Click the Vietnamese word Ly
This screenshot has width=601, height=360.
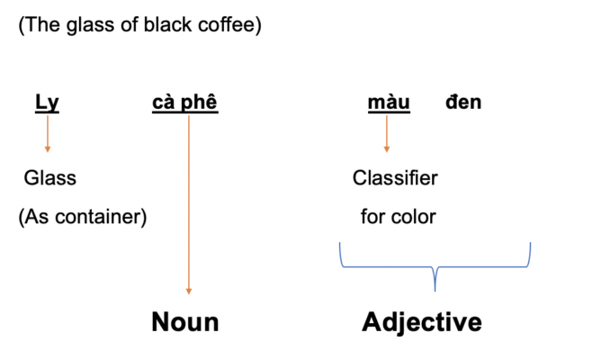tap(47, 103)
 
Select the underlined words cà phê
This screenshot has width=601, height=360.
tap(185, 103)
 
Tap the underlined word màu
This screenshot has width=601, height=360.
tap(389, 103)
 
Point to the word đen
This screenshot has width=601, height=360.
tap(463, 102)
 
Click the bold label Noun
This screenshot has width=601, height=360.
tap(185, 321)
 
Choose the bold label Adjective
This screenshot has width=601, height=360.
tap(422, 322)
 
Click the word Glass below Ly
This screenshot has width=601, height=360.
tap(50, 178)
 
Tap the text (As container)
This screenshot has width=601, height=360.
tap(83, 217)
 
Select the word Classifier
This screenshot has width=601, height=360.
tap(395, 178)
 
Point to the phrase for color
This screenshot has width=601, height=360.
tap(399, 217)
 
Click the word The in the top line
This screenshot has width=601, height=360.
tap(43, 24)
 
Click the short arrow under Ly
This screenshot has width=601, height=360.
tap(48, 134)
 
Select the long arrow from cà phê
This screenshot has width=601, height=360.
tap(189, 204)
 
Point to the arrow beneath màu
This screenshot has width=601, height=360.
tap(387, 134)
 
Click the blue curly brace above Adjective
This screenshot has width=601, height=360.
tap(435, 266)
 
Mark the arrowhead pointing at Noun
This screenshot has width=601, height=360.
tap(189, 292)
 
